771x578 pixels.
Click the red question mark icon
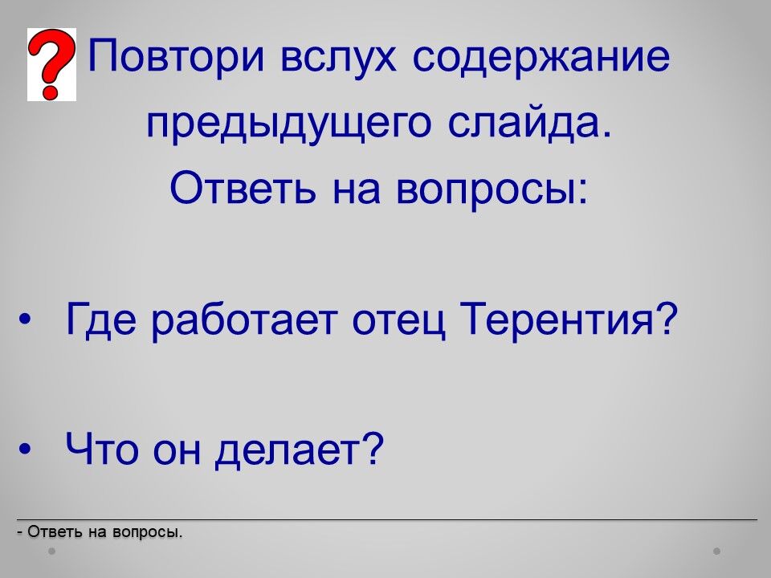[x=51, y=64]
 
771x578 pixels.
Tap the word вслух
[x=338, y=56]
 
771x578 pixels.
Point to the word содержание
[x=541, y=56]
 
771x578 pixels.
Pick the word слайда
[x=530, y=122]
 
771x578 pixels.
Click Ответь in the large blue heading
[x=243, y=188]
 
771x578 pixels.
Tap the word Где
[x=100, y=319]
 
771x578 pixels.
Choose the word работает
[x=244, y=319]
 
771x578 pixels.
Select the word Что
[x=102, y=448]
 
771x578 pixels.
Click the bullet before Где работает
[x=25, y=320]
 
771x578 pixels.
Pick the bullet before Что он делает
[x=25, y=449]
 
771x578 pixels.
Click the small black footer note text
[x=100, y=531]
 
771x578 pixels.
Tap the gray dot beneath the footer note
[x=51, y=552]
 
